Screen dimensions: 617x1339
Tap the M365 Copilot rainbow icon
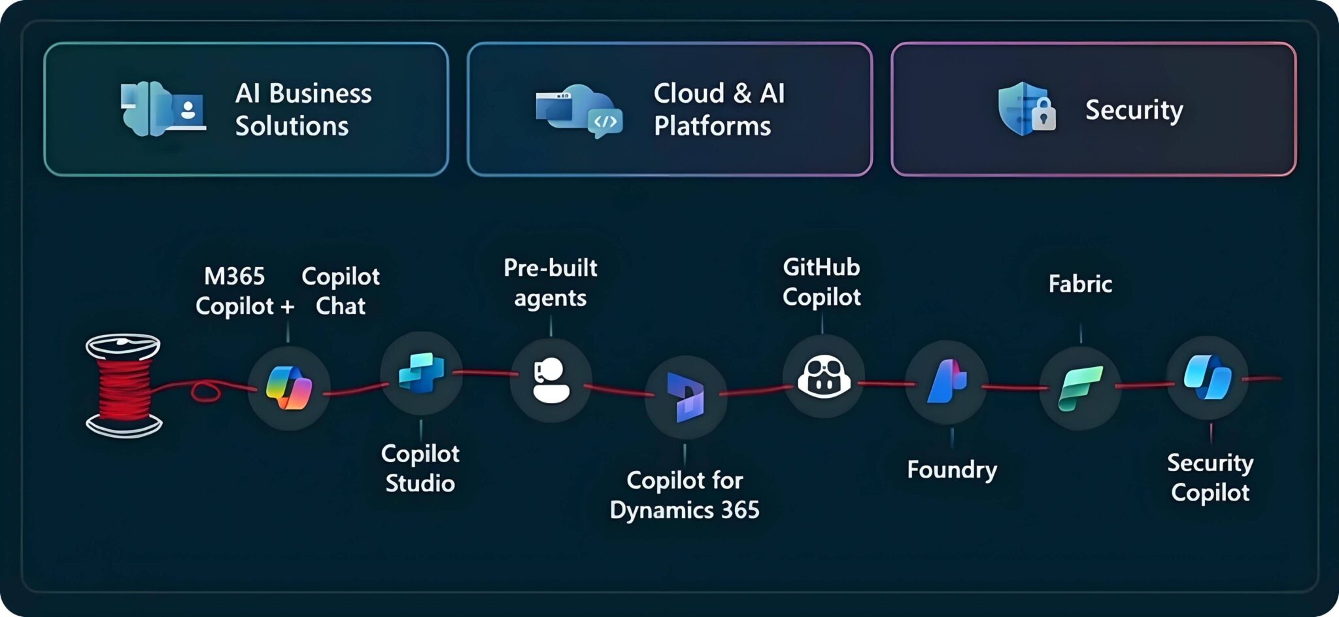(x=288, y=388)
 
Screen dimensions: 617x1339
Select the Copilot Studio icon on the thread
(x=421, y=372)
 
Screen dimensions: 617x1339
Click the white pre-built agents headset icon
(x=551, y=380)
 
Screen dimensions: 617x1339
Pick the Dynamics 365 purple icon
(x=685, y=397)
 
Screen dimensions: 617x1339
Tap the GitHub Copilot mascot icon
(x=823, y=377)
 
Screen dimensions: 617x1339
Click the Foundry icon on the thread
(x=946, y=381)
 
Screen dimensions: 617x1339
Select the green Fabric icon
(x=1080, y=389)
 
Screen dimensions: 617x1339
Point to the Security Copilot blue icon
(x=1207, y=378)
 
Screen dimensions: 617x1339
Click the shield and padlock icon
(x=1026, y=109)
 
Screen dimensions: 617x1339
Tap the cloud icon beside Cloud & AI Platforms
(x=579, y=110)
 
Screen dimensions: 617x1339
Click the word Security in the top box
(x=1134, y=110)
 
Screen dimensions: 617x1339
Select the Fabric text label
(x=1080, y=284)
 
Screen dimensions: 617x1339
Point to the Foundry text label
(x=952, y=470)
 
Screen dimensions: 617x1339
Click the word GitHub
(x=821, y=268)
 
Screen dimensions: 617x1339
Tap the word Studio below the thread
(x=420, y=484)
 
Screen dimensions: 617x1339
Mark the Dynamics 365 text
(x=685, y=510)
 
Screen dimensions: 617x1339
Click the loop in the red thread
(x=205, y=392)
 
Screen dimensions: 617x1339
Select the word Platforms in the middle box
(x=712, y=126)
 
